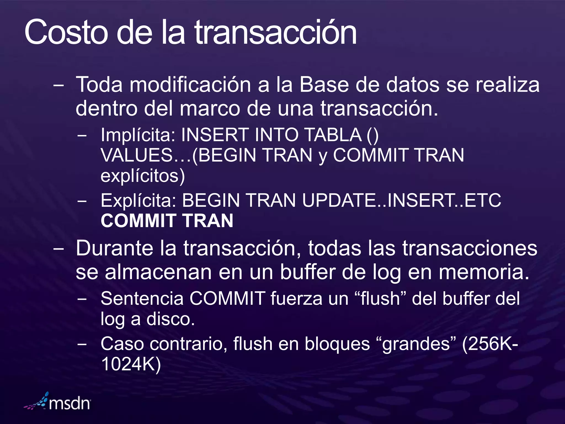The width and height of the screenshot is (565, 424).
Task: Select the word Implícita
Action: [x=137, y=135]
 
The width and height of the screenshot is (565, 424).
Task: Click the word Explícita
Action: [x=138, y=200]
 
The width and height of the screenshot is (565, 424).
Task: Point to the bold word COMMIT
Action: [x=138, y=221]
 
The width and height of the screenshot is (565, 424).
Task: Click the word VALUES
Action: [x=137, y=155]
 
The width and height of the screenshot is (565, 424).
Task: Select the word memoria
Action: [x=484, y=272]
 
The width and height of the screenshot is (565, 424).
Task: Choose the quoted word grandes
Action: [x=417, y=344]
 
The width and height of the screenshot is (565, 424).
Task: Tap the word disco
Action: [x=170, y=319]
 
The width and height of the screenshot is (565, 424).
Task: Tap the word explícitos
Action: [x=142, y=176]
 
